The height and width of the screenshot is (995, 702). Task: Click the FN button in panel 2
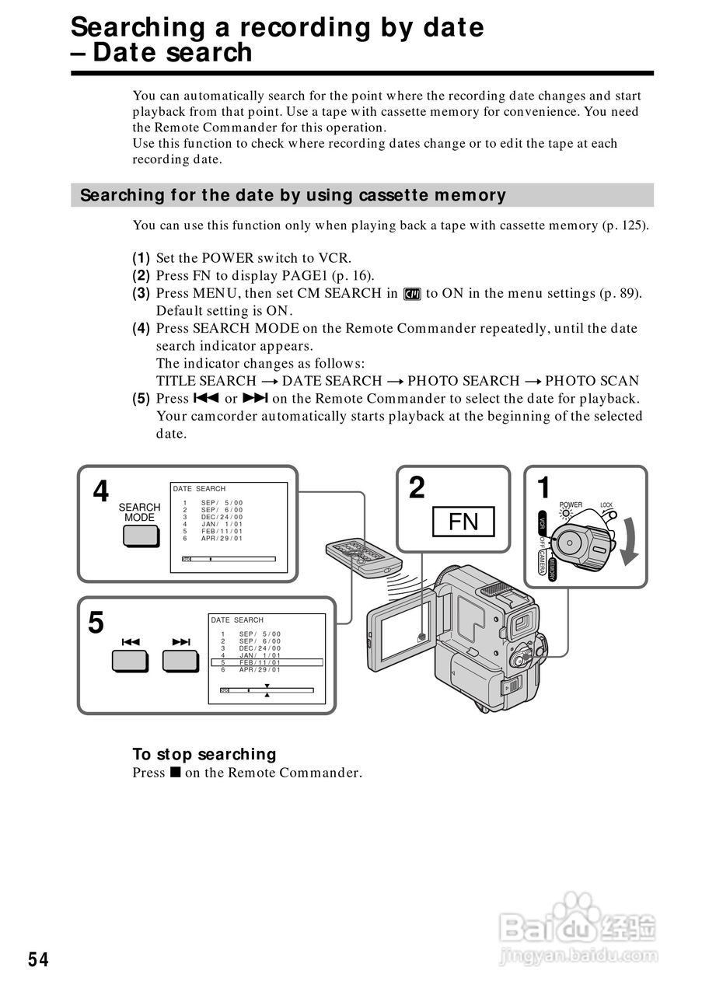[463, 521]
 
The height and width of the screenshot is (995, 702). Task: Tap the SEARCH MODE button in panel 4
[139, 536]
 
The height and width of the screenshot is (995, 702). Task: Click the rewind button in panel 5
[130, 660]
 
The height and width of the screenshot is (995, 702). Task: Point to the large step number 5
[96, 623]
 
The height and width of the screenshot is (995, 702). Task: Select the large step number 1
[544, 488]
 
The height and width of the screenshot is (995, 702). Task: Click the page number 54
[38, 960]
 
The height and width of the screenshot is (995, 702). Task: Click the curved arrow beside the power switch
[628, 545]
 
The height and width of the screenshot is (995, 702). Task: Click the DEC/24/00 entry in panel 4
[222, 517]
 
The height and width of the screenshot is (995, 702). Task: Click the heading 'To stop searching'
[204, 754]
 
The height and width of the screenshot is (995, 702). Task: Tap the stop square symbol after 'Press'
[175, 773]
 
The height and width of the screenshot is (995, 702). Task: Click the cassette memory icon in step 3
[412, 294]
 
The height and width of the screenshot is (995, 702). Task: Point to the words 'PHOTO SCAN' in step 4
[592, 381]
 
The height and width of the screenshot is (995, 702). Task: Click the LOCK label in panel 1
[606, 505]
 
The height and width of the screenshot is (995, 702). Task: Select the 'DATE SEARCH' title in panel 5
[237, 620]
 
